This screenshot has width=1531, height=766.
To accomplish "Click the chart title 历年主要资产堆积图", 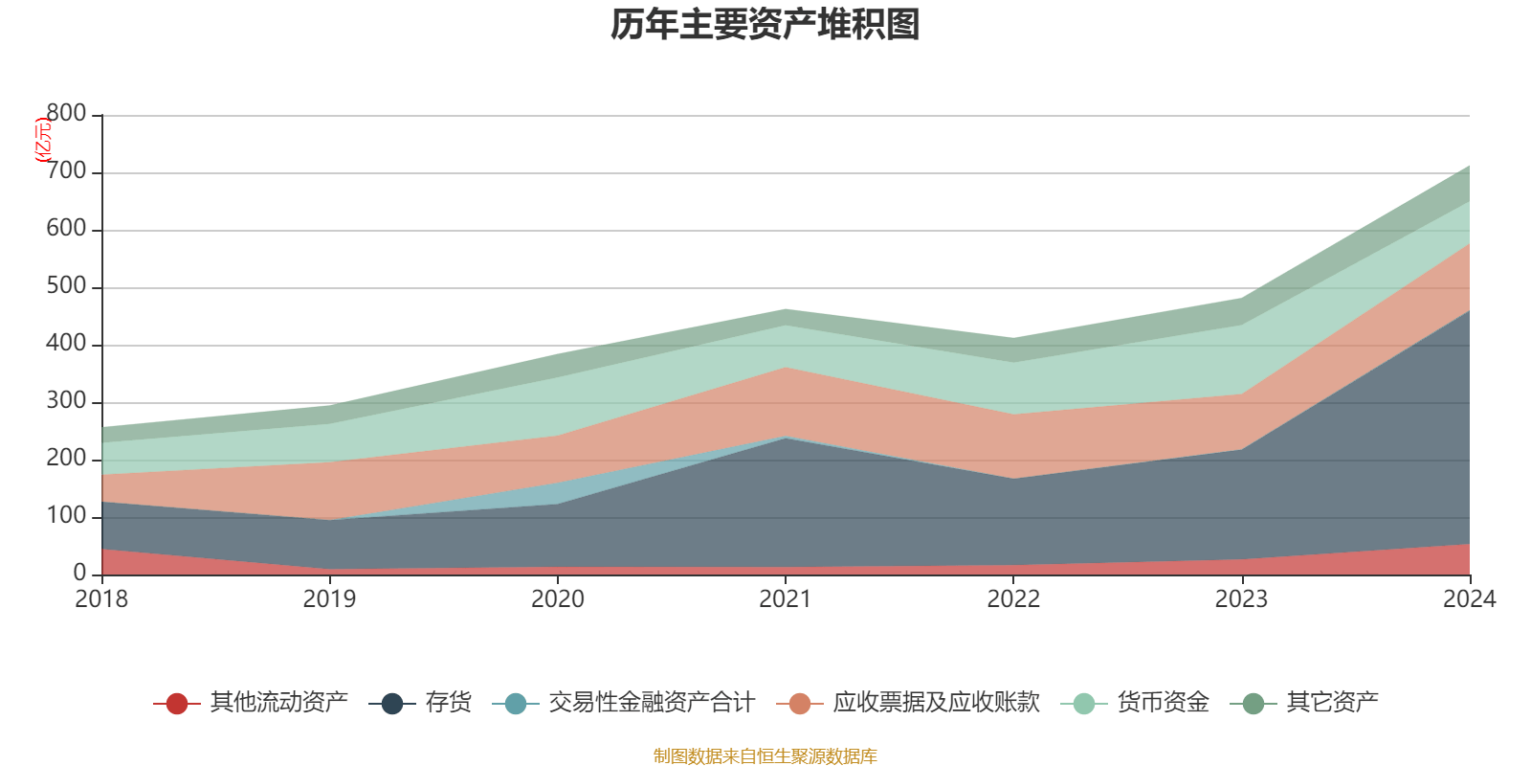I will (765, 25).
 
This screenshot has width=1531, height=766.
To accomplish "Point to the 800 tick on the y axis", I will (66, 114).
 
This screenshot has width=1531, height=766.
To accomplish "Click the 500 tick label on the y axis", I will (66, 286).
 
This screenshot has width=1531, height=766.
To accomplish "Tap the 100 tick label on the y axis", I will (66, 516).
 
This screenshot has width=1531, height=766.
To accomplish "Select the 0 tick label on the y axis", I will (79, 574).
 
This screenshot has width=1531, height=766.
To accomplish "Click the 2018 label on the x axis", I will (101, 599).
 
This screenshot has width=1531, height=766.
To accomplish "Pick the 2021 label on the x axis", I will (785, 599).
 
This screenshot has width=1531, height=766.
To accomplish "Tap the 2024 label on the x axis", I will (1469, 599).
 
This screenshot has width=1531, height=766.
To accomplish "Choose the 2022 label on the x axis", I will (1013, 599).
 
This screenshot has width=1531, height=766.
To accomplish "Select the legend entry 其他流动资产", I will (278, 703).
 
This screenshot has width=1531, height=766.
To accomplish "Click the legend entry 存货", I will (448, 703).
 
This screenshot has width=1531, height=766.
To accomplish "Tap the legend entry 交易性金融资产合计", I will (651, 703).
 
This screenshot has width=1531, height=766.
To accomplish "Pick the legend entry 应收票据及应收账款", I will (935, 703).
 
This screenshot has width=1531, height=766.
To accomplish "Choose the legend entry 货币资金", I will (1163, 703).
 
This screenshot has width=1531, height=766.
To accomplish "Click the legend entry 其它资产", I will (1332, 703).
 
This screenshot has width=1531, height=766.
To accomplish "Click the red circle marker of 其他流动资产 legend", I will (176, 704).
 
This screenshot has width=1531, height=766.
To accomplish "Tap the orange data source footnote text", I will (765, 756).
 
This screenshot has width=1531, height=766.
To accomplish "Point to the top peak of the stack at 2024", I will (1469, 166).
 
